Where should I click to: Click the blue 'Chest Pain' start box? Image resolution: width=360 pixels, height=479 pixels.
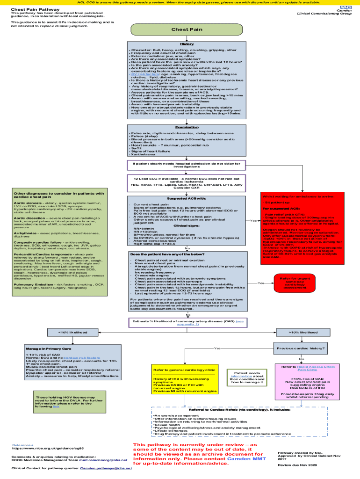pyautogui.click(x=187, y=29)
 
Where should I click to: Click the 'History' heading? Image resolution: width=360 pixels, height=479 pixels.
pyautogui.click(x=187, y=44)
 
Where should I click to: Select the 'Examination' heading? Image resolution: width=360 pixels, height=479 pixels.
pyautogui.click(x=187, y=127)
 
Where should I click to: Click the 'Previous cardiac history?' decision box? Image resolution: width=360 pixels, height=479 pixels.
pyautogui.click(x=301, y=348)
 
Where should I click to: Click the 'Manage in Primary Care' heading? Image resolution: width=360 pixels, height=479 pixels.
pyautogui.click(x=49, y=349)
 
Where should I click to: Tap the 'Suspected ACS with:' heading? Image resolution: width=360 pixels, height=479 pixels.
pyautogui.click(x=187, y=198)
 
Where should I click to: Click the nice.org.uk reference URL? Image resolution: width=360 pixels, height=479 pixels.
pyautogui.click(x=44, y=448)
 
